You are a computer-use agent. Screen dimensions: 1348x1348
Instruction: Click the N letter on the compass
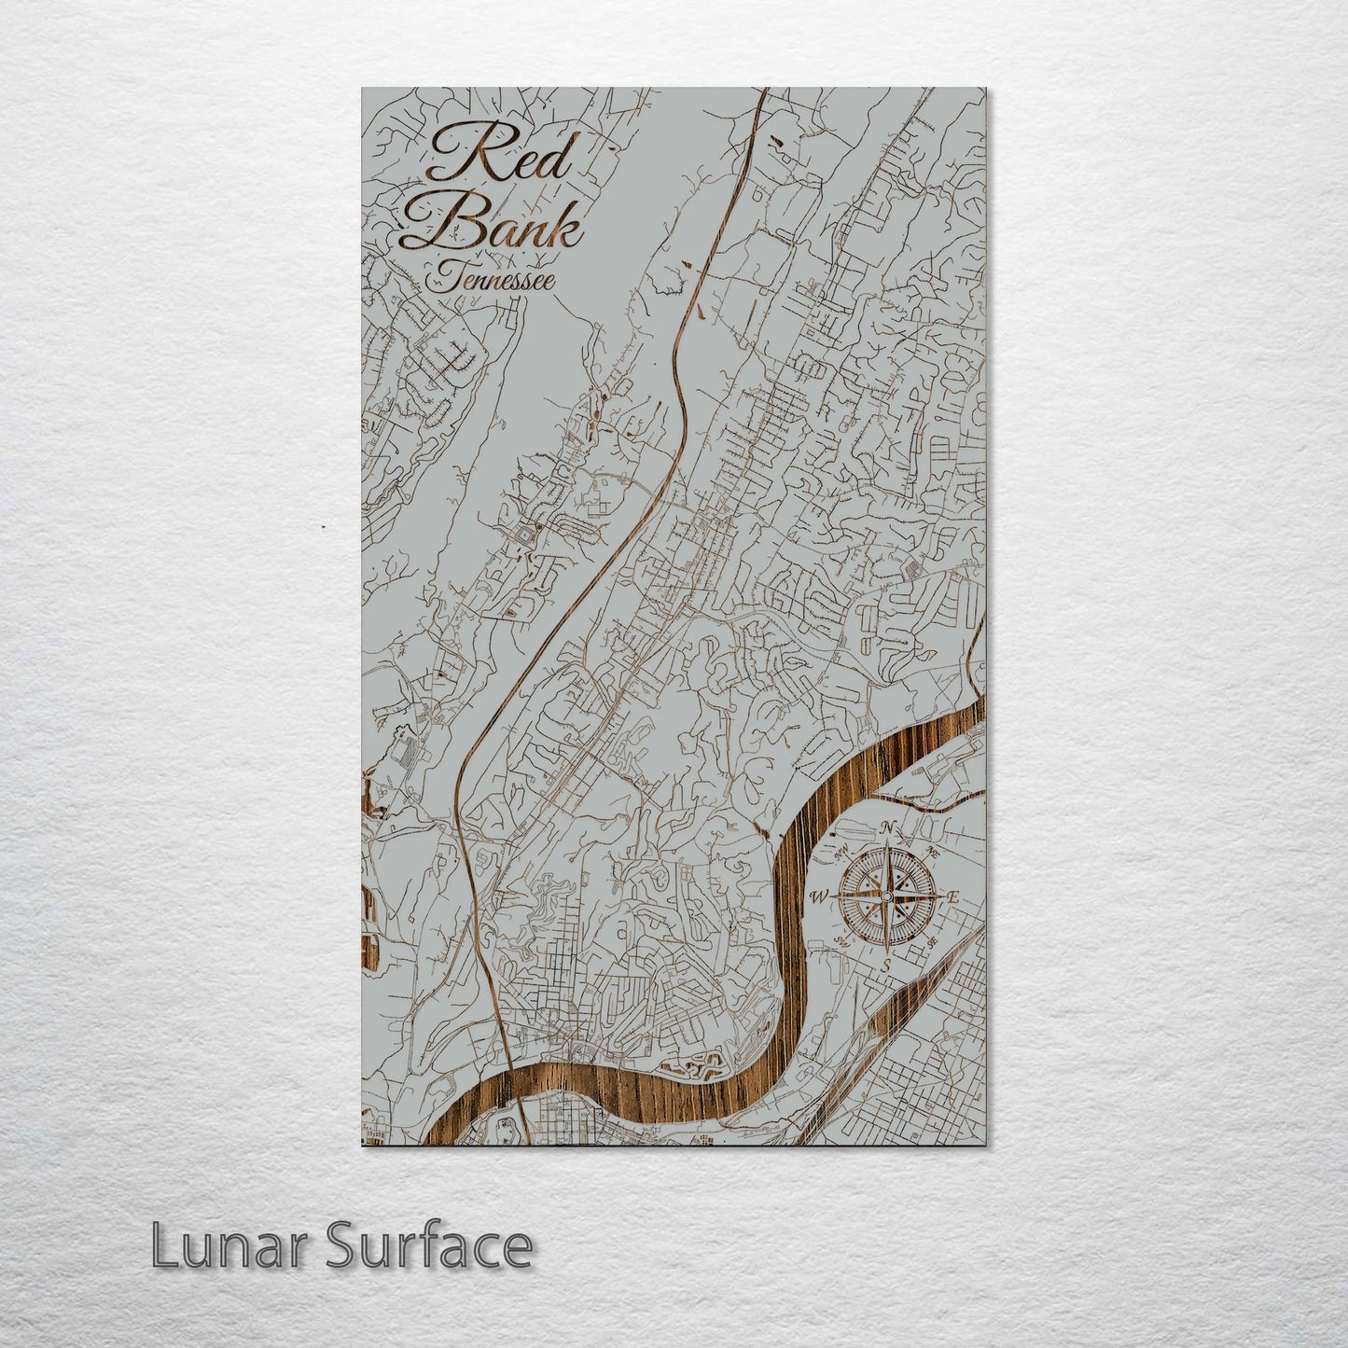pos(888,827)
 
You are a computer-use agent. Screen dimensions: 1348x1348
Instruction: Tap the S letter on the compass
pos(885,966)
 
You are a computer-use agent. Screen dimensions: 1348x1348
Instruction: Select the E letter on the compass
pos(953,897)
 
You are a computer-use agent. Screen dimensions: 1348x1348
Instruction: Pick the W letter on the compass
pos(819,897)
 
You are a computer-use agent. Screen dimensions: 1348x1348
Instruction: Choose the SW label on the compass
pos(840,940)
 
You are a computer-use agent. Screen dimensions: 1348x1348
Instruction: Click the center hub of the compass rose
pos(886,897)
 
